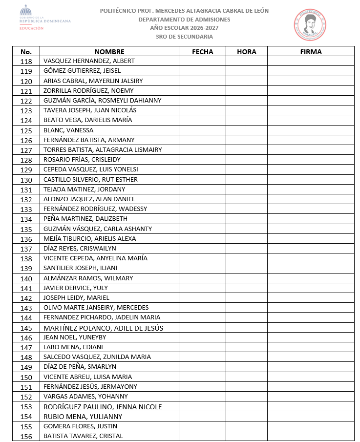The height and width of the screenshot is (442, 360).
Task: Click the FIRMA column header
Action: click(311, 52)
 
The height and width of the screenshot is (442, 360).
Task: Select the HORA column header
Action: click(246, 52)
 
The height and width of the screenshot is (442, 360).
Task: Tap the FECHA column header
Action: click(202, 52)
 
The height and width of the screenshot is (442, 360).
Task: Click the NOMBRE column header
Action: click(109, 52)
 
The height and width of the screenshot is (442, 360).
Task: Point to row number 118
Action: click(26, 62)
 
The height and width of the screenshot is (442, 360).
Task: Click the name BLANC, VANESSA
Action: click(68, 130)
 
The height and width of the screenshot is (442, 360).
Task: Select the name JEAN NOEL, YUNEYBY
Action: click(75, 337)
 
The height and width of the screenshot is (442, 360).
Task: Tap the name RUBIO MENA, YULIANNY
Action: click(83, 417)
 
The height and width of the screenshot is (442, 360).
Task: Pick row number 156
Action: click(26, 437)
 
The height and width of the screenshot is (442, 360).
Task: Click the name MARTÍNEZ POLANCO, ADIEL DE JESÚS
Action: click(104, 328)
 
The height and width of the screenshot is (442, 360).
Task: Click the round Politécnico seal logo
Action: click(310, 24)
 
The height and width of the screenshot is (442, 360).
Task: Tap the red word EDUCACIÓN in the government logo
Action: click(31, 28)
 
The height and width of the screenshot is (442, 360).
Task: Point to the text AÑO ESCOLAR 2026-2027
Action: click(184, 28)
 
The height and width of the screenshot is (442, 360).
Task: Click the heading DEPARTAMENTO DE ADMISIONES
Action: click(184, 20)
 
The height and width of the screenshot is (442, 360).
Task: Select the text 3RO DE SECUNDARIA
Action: click(184, 37)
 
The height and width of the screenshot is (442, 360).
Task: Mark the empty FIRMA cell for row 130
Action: click(311, 180)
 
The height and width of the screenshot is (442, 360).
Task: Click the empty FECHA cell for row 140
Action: click(202, 278)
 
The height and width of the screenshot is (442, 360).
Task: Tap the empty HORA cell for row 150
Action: click(246, 377)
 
